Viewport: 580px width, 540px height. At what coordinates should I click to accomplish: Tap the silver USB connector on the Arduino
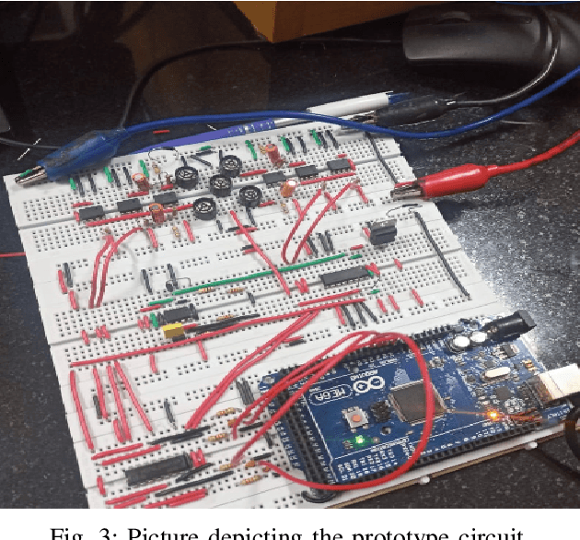point(556,388)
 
